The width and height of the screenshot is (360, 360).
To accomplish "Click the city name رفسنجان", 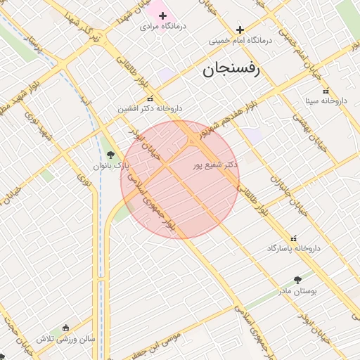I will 231,70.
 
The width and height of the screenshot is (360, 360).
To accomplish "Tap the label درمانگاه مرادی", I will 162,26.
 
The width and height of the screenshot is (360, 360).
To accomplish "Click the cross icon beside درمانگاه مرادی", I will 162,15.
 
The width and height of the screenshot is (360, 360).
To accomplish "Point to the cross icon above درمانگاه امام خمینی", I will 240,30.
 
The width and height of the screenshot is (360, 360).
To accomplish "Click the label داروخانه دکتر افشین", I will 150,109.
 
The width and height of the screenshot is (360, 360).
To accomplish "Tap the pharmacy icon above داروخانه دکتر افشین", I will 150,99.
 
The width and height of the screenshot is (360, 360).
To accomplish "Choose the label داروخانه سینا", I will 325,101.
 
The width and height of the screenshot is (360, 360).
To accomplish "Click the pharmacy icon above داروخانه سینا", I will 325,91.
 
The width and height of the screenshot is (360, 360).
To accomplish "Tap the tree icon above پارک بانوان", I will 110,155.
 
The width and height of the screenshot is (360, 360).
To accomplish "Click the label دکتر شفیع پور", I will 214,165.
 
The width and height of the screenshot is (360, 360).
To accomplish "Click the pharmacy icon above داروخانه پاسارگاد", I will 294,239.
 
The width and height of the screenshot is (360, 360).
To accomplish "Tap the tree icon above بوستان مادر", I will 297,279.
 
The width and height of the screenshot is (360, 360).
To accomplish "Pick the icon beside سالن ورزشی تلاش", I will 65,328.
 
